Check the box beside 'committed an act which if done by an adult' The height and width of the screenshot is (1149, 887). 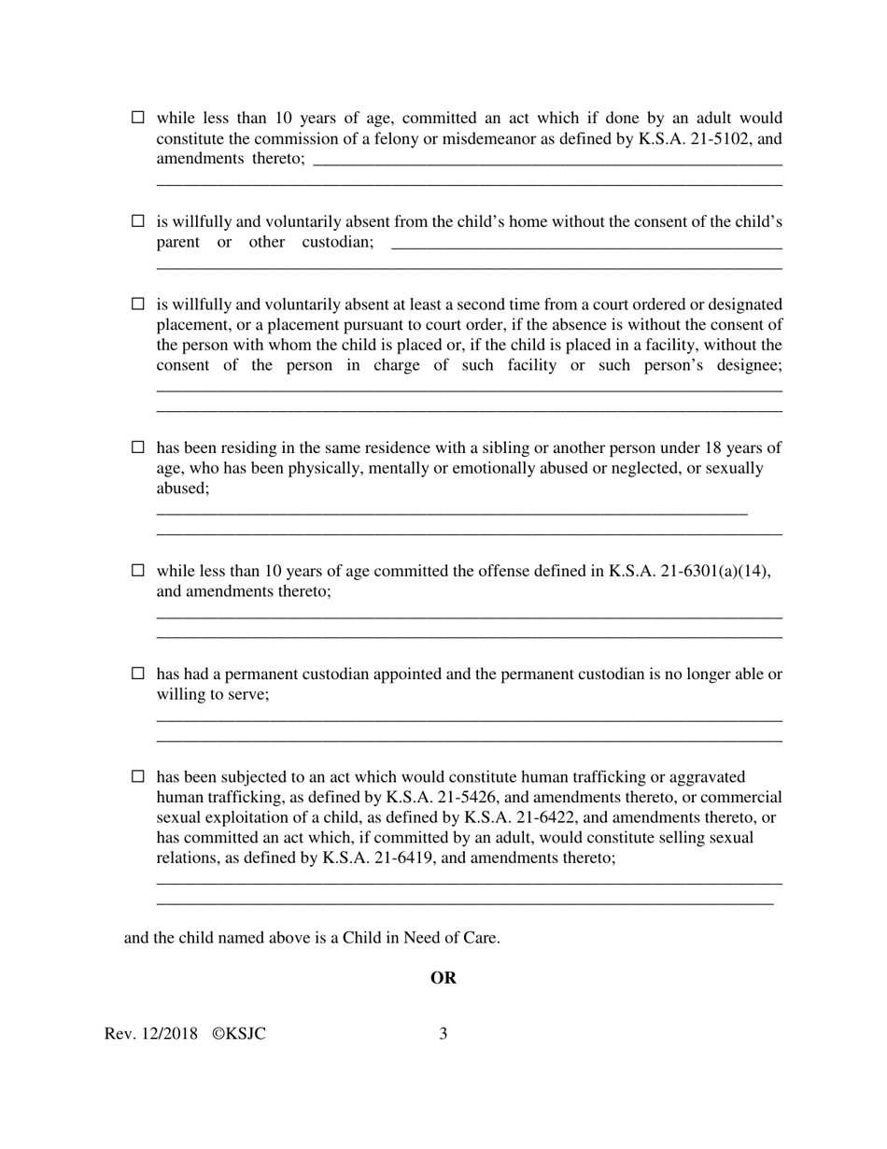pyautogui.click(x=138, y=118)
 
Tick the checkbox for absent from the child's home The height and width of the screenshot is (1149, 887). pyautogui.click(x=138, y=221)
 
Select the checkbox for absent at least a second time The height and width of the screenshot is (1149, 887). pyautogui.click(x=138, y=304)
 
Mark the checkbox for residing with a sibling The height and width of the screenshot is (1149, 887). pyautogui.click(x=138, y=447)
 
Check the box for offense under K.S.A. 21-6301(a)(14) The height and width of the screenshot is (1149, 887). pyautogui.click(x=138, y=570)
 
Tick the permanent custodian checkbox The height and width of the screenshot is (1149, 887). pyautogui.click(x=138, y=674)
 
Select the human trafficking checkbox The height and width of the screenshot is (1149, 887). pyautogui.click(x=138, y=776)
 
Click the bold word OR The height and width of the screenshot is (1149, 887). pyautogui.click(x=443, y=978)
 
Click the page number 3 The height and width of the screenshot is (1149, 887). pyautogui.click(x=443, y=1034)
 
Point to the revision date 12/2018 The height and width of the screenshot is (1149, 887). pyautogui.click(x=169, y=1034)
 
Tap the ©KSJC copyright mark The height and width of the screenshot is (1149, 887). pyautogui.click(x=239, y=1034)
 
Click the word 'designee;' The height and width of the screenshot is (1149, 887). pyautogui.click(x=744, y=365)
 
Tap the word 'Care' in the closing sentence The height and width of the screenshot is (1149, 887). pyautogui.click(x=479, y=938)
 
